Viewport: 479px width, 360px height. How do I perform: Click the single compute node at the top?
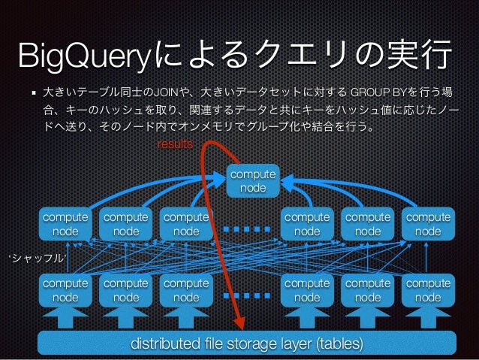(252, 180)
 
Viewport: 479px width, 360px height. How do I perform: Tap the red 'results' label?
(173, 143)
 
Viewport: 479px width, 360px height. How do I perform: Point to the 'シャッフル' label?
(37, 259)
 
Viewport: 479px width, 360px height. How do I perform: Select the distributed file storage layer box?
(247, 344)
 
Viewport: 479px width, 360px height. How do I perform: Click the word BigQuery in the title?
(86, 56)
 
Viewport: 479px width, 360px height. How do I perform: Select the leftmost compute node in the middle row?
(65, 224)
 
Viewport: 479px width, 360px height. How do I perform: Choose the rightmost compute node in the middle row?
(428, 224)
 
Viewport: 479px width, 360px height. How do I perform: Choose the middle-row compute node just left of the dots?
(186, 224)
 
